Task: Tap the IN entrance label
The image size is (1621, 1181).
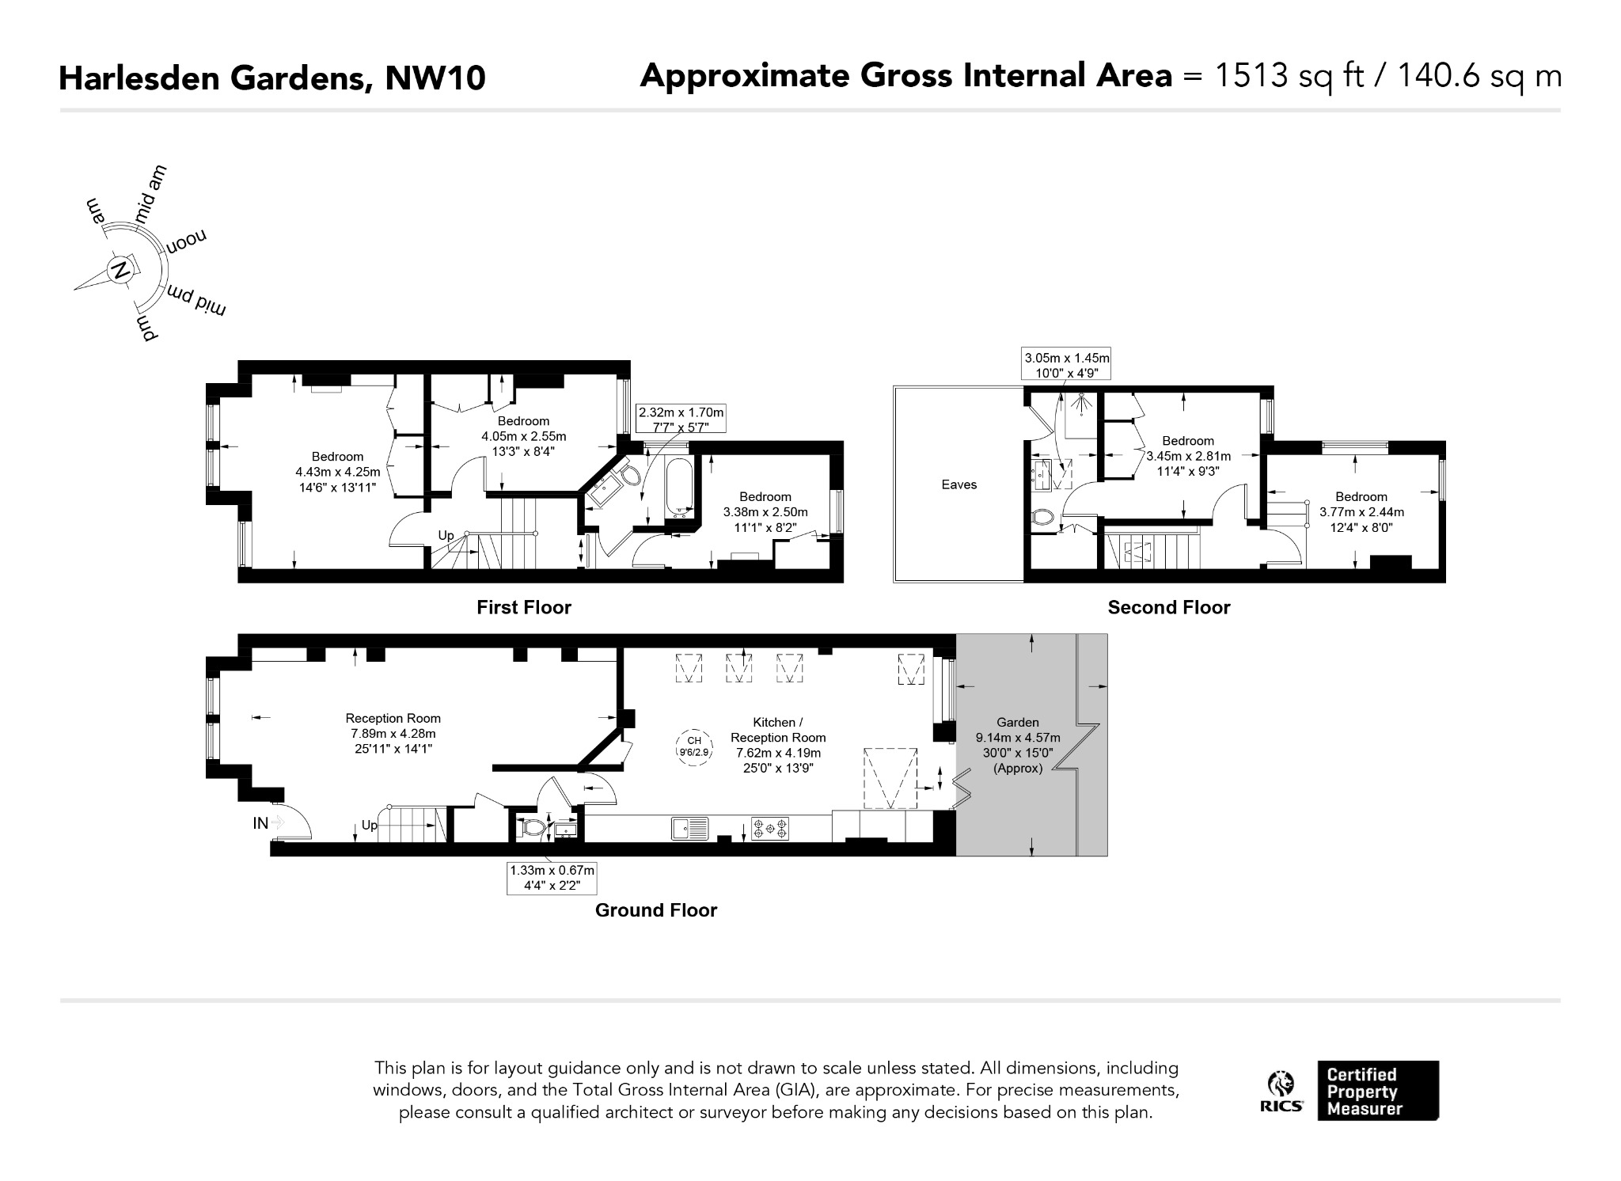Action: click(x=260, y=823)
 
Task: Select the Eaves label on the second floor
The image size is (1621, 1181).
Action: click(x=959, y=484)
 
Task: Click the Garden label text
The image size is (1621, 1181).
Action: click(x=1018, y=722)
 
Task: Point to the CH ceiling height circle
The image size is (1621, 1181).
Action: click(x=694, y=746)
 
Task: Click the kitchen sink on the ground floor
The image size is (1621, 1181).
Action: click(x=690, y=828)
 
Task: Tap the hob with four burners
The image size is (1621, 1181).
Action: click(x=770, y=829)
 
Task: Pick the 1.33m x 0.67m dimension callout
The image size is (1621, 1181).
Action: click(x=551, y=878)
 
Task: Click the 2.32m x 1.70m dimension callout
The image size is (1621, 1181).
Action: click(x=681, y=420)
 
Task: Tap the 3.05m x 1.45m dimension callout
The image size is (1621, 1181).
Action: click(x=1067, y=365)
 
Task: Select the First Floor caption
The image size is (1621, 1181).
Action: click(x=524, y=607)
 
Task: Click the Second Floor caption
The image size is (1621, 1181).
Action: click(x=1169, y=607)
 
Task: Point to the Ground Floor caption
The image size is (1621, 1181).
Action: click(x=656, y=910)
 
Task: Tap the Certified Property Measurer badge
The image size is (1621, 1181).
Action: click(x=1378, y=1091)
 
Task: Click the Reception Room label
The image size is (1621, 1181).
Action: click(x=393, y=718)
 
